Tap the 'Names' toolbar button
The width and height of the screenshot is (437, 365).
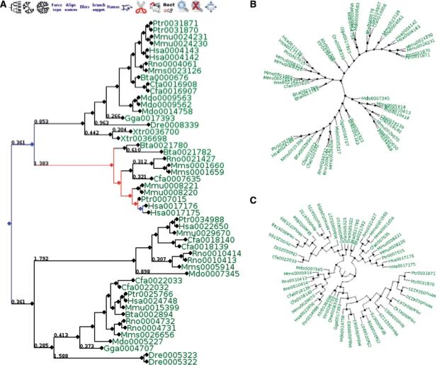[x=112, y=6]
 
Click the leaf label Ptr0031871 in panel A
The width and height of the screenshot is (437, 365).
[x=173, y=23]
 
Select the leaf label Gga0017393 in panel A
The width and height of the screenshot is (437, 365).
[x=145, y=118]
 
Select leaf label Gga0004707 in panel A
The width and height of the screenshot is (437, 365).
[x=127, y=349]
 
